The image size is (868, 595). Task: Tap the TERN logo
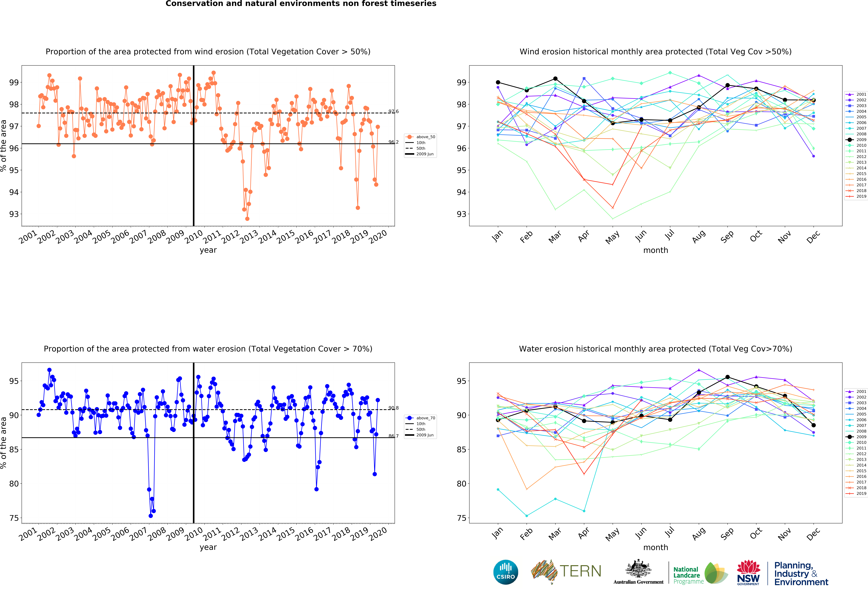(566, 571)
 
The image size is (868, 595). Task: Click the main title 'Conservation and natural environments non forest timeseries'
(301, 4)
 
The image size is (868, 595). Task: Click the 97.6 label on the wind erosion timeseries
(393, 111)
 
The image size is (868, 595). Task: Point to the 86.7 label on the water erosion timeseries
(393, 436)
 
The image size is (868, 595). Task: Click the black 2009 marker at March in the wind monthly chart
(555, 79)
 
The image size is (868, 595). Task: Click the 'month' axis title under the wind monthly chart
(655, 250)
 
